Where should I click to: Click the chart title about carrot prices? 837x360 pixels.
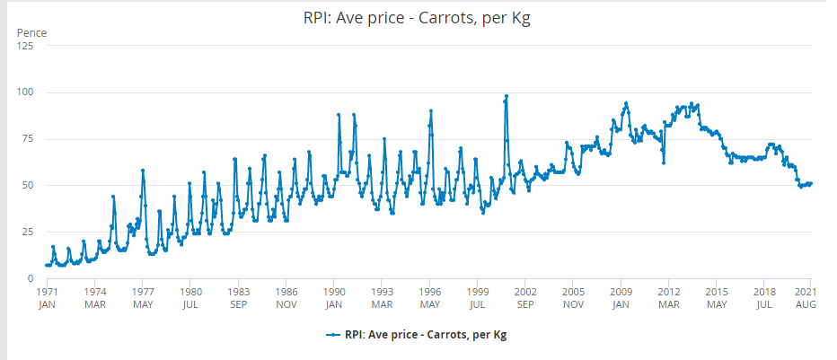point(418,18)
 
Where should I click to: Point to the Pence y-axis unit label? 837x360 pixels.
point(31,33)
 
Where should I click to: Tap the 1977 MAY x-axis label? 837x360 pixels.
point(142,298)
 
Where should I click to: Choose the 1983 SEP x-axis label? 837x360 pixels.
point(238,298)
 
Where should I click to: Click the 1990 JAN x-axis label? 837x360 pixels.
point(333,298)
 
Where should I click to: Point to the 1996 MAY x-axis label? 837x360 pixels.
point(429,298)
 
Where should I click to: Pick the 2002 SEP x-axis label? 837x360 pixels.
point(525,298)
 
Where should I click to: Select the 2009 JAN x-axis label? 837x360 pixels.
point(621,298)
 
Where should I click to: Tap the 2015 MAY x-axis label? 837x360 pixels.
point(717,298)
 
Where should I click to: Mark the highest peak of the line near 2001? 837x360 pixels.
point(507,96)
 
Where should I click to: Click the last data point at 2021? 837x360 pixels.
point(811,184)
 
